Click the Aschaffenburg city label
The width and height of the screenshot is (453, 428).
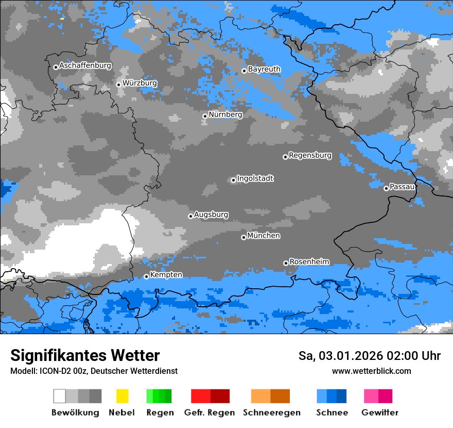pyautogui.click(x=85, y=65)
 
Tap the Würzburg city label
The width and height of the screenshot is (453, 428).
pyautogui.click(x=140, y=83)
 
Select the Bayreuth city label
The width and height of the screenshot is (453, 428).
pyautogui.click(x=264, y=69)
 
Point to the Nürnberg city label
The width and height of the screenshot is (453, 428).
pyautogui.click(x=225, y=114)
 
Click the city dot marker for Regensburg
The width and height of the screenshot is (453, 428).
pyautogui.click(x=285, y=157)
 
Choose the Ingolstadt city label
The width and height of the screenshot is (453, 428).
pyautogui.click(x=255, y=178)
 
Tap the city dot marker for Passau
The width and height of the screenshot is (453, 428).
pyautogui.click(x=386, y=188)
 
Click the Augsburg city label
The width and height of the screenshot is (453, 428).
pyautogui.click(x=211, y=215)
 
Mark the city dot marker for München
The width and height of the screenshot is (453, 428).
pyautogui.click(x=243, y=237)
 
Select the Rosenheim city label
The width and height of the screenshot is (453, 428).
pyautogui.click(x=309, y=262)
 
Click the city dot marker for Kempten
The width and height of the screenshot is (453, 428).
pyautogui.click(x=146, y=276)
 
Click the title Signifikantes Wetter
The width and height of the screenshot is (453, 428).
pyautogui.click(x=85, y=356)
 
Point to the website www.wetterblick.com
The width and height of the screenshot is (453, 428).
pyautogui.click(x=371, y=371)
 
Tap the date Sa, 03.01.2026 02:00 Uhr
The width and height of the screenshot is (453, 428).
pyautogui.click(x=369, y=356)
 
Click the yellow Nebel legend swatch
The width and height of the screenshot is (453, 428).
pyautogui.click(x=122, y=396)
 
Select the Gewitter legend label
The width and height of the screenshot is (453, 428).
pyautogui.click(x=379, y=413)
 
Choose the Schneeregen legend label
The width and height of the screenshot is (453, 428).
pyautogui.click(x=272, y=413)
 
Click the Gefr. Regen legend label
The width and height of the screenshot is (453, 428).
pyautogui.click(x=210, y=413)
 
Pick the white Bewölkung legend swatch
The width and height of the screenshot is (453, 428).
pyautogui.click(x=60, y=396)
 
